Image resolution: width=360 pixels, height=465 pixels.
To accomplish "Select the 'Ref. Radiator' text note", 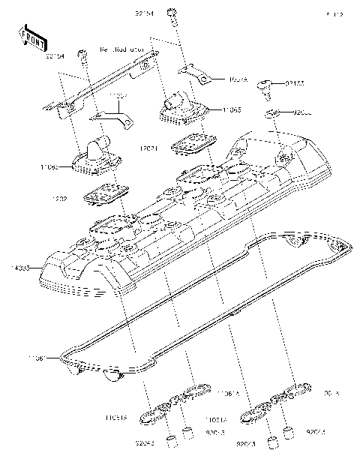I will (x=121, y=49).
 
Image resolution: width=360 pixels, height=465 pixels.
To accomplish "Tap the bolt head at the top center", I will (x=175, y=13).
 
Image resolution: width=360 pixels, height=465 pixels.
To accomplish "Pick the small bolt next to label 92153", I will (x=266, y=86).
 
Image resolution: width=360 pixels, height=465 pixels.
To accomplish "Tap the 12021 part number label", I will (x=148, y=150).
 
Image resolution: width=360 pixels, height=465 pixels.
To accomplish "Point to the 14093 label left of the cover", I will (x=22, y=267).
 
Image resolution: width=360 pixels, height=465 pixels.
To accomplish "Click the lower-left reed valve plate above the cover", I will (x=102, y=196).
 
